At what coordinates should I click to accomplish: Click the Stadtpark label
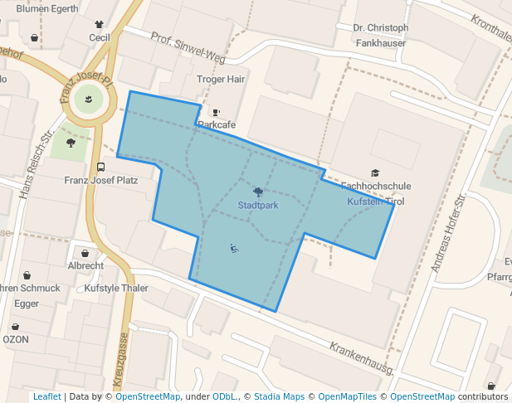click(257, 204)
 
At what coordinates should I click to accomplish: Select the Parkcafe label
click(217, 124)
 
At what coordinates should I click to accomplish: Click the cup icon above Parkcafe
click(217, 113)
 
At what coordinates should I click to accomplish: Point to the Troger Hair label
click(221, 80)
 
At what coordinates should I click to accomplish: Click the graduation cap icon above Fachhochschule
click(375, 173)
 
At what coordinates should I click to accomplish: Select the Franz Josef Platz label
click(101, 179)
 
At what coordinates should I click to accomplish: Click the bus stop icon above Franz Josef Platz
click(101, 167)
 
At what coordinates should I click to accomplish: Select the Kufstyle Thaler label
click(116, 289)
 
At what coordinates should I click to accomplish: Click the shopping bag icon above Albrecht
click(85, 253)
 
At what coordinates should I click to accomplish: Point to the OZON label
click(16, 339)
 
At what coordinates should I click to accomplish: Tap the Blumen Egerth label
click(47, 9)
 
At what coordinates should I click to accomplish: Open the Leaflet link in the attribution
click(47, 396)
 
